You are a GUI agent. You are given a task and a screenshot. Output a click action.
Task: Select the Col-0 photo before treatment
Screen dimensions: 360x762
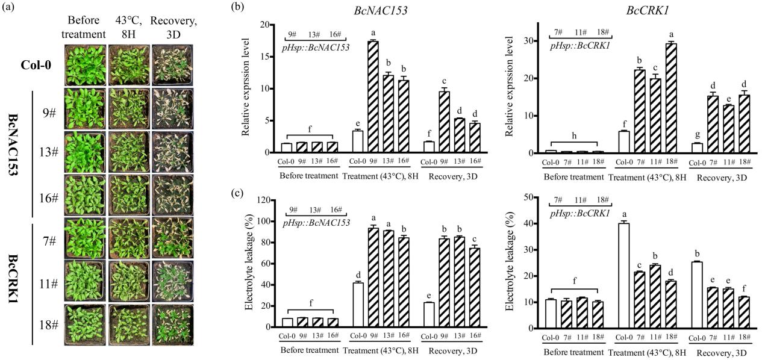(x=84, y=64)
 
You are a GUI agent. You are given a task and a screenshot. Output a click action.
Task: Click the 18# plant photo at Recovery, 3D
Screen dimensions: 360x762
(x=172, y=325)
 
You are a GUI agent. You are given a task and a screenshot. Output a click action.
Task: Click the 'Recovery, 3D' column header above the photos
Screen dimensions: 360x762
(x=172, y=26)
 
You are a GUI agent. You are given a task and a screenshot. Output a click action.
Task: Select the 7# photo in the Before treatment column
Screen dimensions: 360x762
(x=84, y=238)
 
